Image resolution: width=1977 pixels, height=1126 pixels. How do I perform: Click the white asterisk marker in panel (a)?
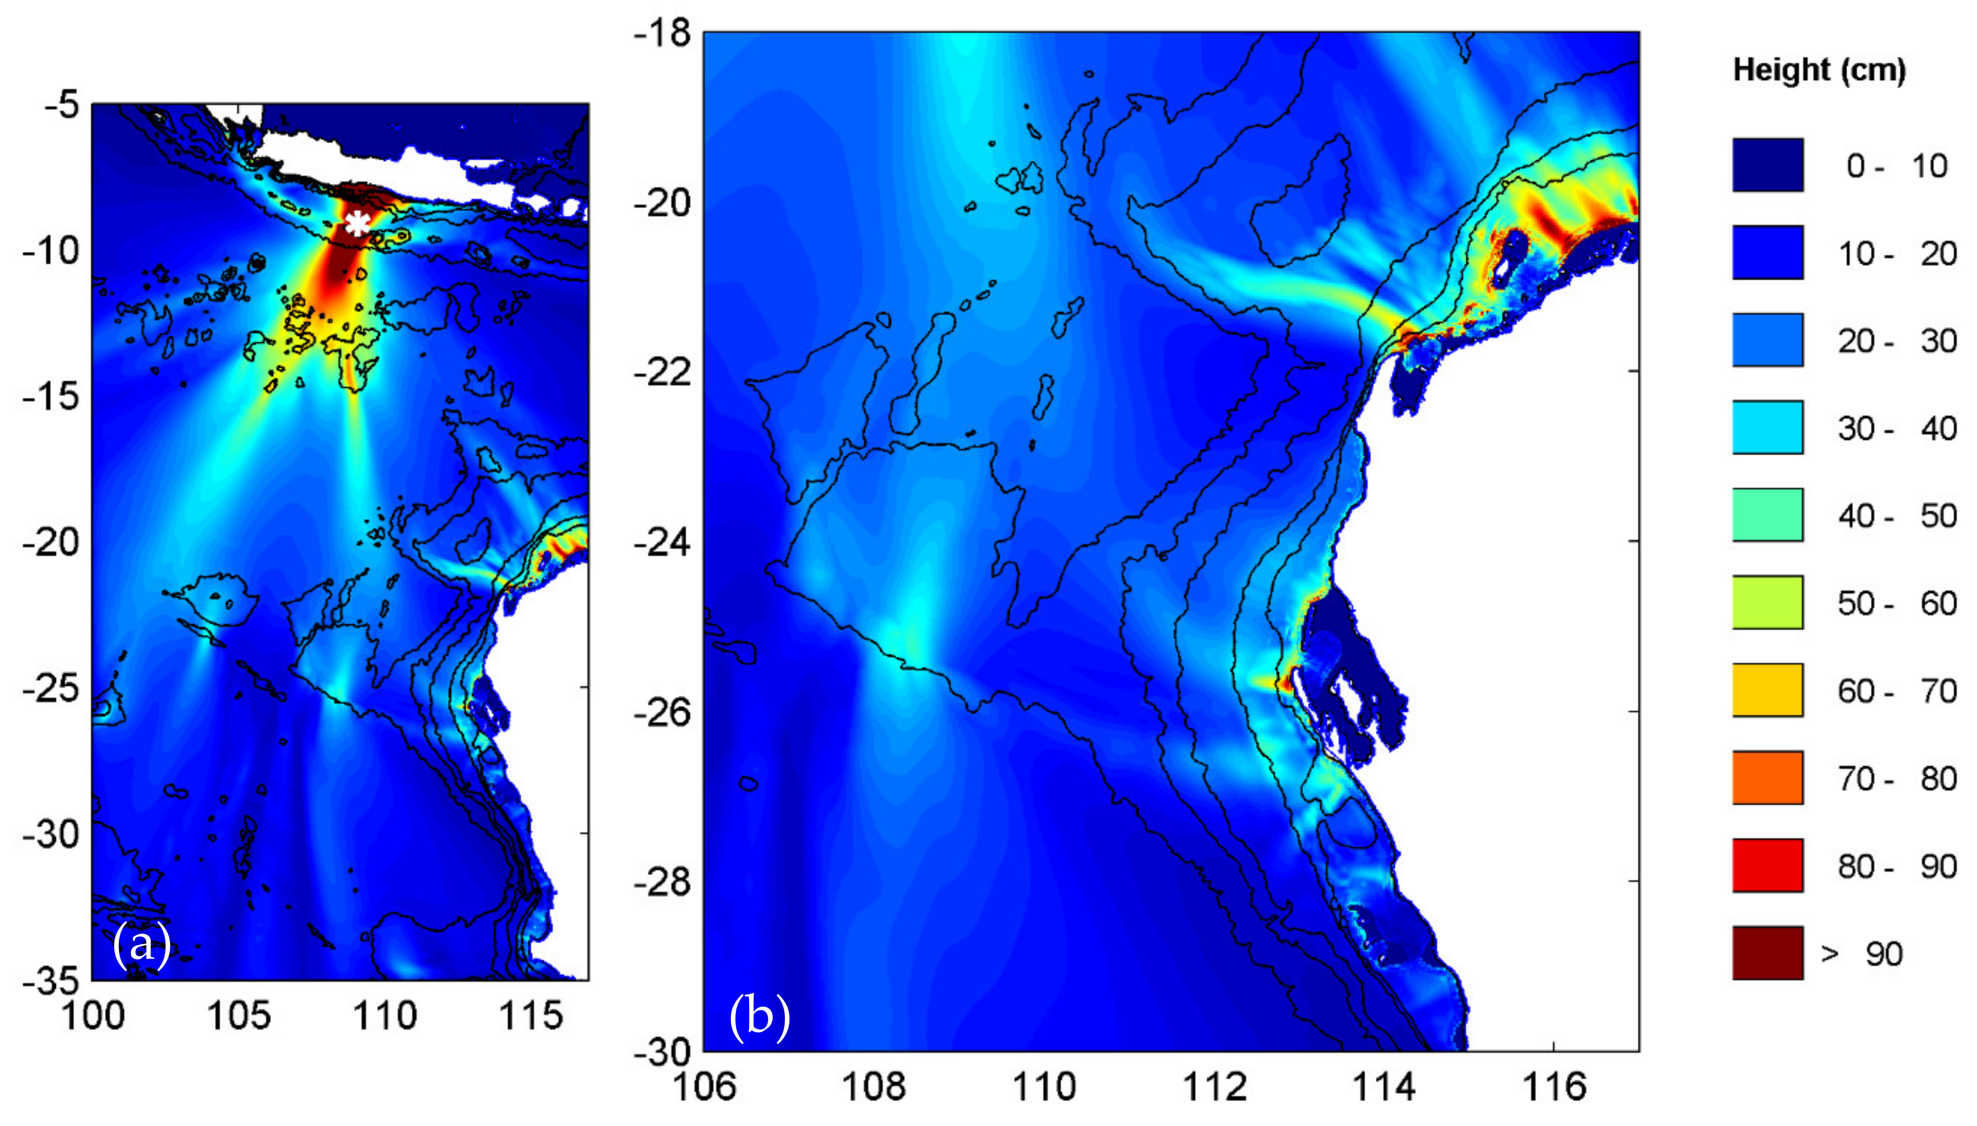click(x=357, y=224)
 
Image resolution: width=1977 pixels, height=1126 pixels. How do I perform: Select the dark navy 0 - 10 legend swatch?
click(x=1767, y=165)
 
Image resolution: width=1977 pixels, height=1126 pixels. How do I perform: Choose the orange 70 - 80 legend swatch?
click(x=1767, y=777)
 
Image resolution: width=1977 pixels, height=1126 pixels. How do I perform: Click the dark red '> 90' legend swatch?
click(x=1767, y=953)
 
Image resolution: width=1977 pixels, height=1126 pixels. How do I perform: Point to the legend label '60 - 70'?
click(x=1897, y=691)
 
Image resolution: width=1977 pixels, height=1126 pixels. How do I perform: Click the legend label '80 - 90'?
click(x=1897, y=866)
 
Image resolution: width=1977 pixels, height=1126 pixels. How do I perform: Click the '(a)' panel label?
click(x=142, y=944)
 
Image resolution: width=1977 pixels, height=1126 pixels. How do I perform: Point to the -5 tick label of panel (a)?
click(x=61, y=105)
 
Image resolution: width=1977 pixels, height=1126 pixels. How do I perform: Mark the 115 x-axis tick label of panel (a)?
click(x=530, y=1016)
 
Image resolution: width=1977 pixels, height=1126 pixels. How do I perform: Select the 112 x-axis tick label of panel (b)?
click(x=1214, y=1086)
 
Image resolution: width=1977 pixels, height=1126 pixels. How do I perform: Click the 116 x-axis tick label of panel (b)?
click(x=1553, y=1086)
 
